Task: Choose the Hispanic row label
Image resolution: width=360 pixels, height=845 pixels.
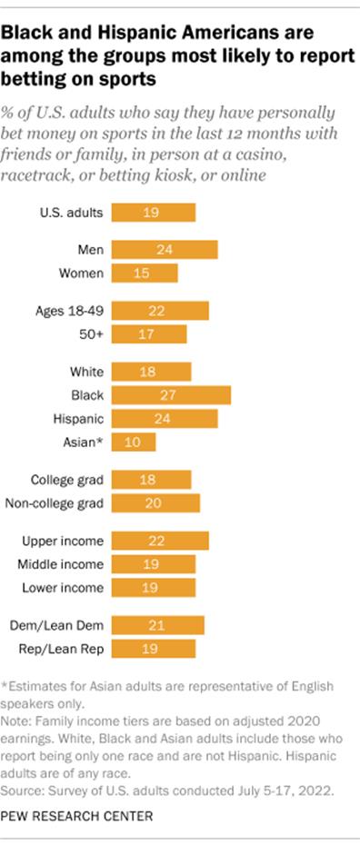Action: coord(79,419)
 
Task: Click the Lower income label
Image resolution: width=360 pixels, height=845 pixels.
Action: coord(63,588)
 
